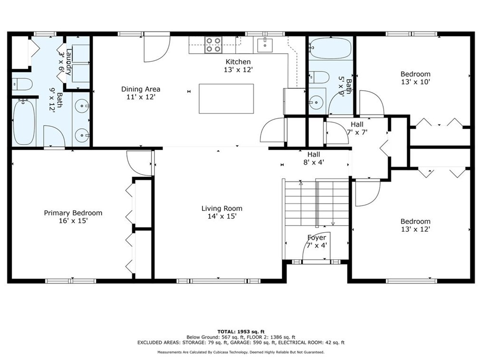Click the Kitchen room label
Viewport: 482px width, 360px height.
pyautogui.click(x=238, y=62)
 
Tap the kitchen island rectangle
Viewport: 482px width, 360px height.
pyautogui.click(x=226, y=99)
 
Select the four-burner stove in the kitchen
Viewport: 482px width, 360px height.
pyautogui.click(x=213, y=45)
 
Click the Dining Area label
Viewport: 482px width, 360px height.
pyautogui.click(x=141, y=89)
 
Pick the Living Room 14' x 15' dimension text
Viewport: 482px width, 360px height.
pyautogui.click(x=222, y=216)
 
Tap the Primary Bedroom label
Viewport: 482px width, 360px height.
pyautogui.click(x=73, y=213)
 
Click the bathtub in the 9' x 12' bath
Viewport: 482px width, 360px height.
pyautogui.click(x=24, y=122)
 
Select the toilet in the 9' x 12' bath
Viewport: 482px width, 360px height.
pyautogui.click(x=22, y=84)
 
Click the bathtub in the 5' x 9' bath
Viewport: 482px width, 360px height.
pyautogui.click(x=330, y=48)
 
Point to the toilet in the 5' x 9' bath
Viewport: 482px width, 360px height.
pyautogui.click(x=319, y=77)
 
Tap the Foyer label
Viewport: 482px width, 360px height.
pyautogui.click(x=317, y=237)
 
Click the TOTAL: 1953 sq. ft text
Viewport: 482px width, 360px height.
pyautogui.click(x=241, y=332)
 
